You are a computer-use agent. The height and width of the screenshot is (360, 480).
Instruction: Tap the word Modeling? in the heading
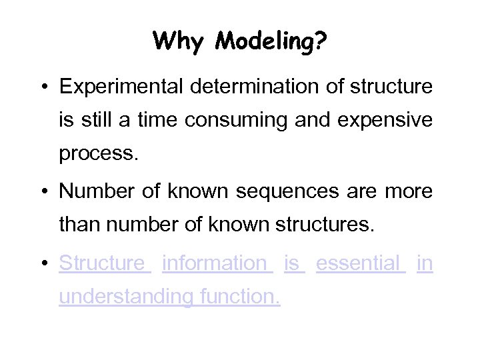271,42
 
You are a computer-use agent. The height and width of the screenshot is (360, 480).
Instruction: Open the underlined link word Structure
101,263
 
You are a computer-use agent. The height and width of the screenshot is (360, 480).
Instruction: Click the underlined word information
214,263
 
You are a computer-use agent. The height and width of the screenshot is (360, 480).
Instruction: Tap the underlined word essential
358,263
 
